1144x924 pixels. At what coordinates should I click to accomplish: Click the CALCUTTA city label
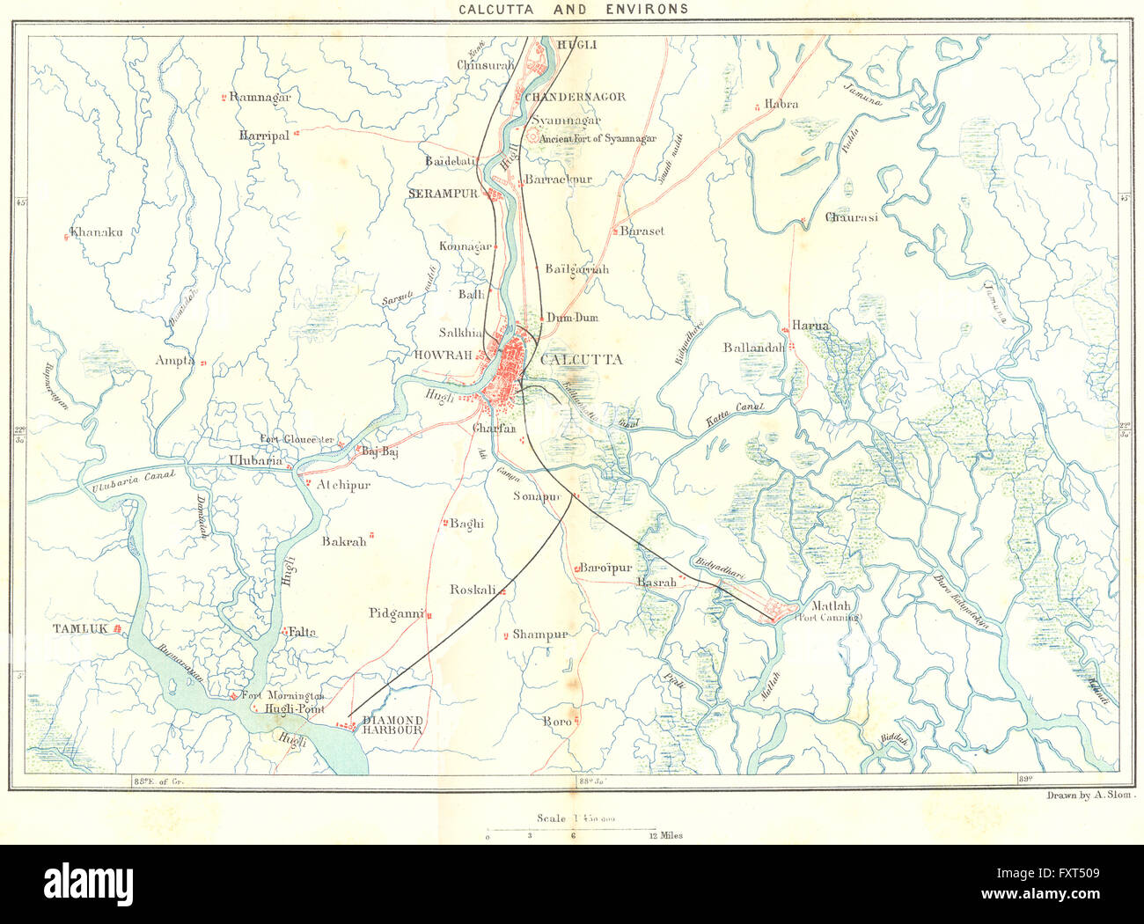click(581, 359)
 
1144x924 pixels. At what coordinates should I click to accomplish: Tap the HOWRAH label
click(443, 355)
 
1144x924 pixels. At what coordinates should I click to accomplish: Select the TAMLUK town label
click(79, 628)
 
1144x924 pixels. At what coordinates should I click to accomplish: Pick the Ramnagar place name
click(260, 97)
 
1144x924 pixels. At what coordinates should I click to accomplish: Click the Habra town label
click(781, 104)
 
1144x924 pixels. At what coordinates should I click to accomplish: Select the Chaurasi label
click(851, 217)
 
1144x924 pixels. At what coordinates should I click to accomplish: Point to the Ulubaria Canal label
click(128, 480)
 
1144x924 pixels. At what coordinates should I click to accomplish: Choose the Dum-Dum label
click(572, 318)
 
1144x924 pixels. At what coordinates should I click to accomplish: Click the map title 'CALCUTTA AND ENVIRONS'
click(573, 10)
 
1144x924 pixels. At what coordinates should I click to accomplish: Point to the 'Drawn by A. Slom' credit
click(1091, 795)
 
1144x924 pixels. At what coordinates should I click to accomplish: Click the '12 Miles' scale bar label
click(665, 835)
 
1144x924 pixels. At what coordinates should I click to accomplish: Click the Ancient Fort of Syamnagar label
click(598, 138)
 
